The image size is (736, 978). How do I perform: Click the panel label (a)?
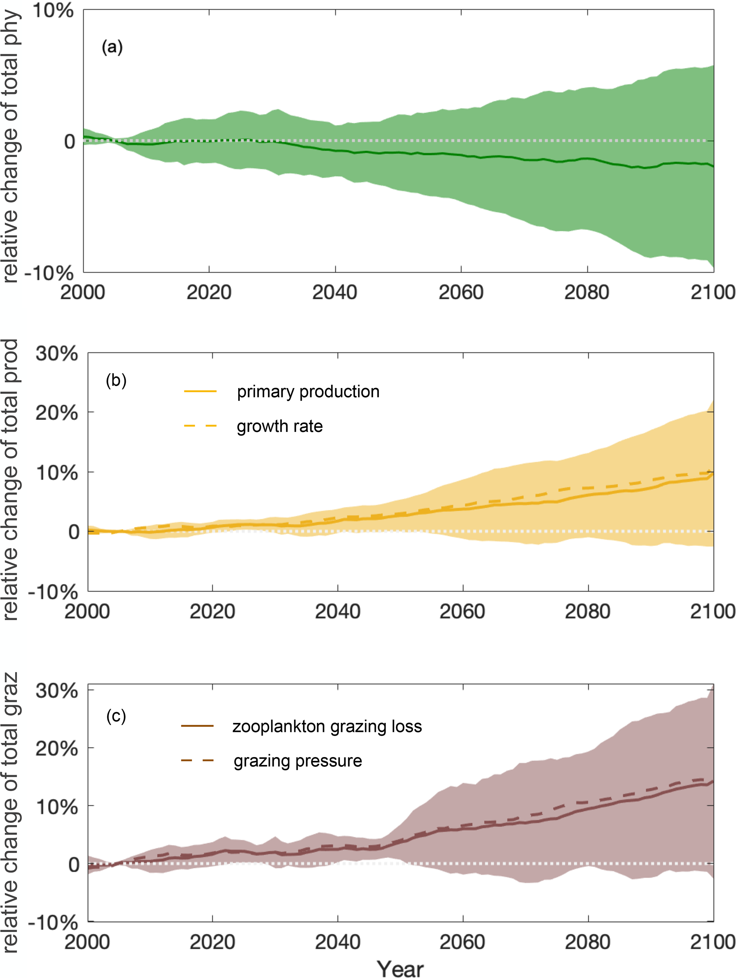pos(112,46)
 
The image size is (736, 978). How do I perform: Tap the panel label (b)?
pos(116,380)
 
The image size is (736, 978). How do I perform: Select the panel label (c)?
pos(116,715)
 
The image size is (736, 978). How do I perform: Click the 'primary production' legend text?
pos(308,392)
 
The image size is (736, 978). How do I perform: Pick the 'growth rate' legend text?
pos(280,426)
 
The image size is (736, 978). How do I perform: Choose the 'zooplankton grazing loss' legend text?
pos(327,726)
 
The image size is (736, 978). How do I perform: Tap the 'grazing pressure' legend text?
pos(298,761)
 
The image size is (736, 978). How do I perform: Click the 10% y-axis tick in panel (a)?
pos(52,11)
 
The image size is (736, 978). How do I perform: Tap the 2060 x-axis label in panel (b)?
pos(462,612)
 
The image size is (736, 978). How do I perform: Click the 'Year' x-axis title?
pos(400,969)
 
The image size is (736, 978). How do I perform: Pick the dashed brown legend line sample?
pos(197,761)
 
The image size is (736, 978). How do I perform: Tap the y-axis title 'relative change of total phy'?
pos(11,146)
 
